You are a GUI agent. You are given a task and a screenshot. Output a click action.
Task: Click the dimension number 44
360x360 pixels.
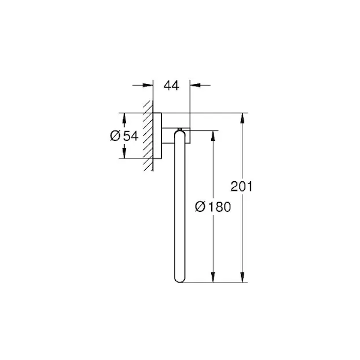171,86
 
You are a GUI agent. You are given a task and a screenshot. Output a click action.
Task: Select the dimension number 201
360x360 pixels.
241,187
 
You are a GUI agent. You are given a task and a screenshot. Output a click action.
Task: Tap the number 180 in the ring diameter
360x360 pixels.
219,206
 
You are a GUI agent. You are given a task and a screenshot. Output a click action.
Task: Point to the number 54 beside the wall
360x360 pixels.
131,136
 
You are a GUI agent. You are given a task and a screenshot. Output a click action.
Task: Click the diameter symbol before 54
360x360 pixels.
115,136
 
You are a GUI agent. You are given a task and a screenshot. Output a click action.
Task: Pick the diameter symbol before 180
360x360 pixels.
200,206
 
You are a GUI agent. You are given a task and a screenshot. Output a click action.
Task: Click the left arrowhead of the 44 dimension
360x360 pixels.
148,85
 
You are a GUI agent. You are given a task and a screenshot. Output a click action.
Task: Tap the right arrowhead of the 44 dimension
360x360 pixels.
195,85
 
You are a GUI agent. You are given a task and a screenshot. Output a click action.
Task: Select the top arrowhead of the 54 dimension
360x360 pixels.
124,118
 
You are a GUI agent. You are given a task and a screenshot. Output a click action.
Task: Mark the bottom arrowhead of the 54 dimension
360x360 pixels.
124,153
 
